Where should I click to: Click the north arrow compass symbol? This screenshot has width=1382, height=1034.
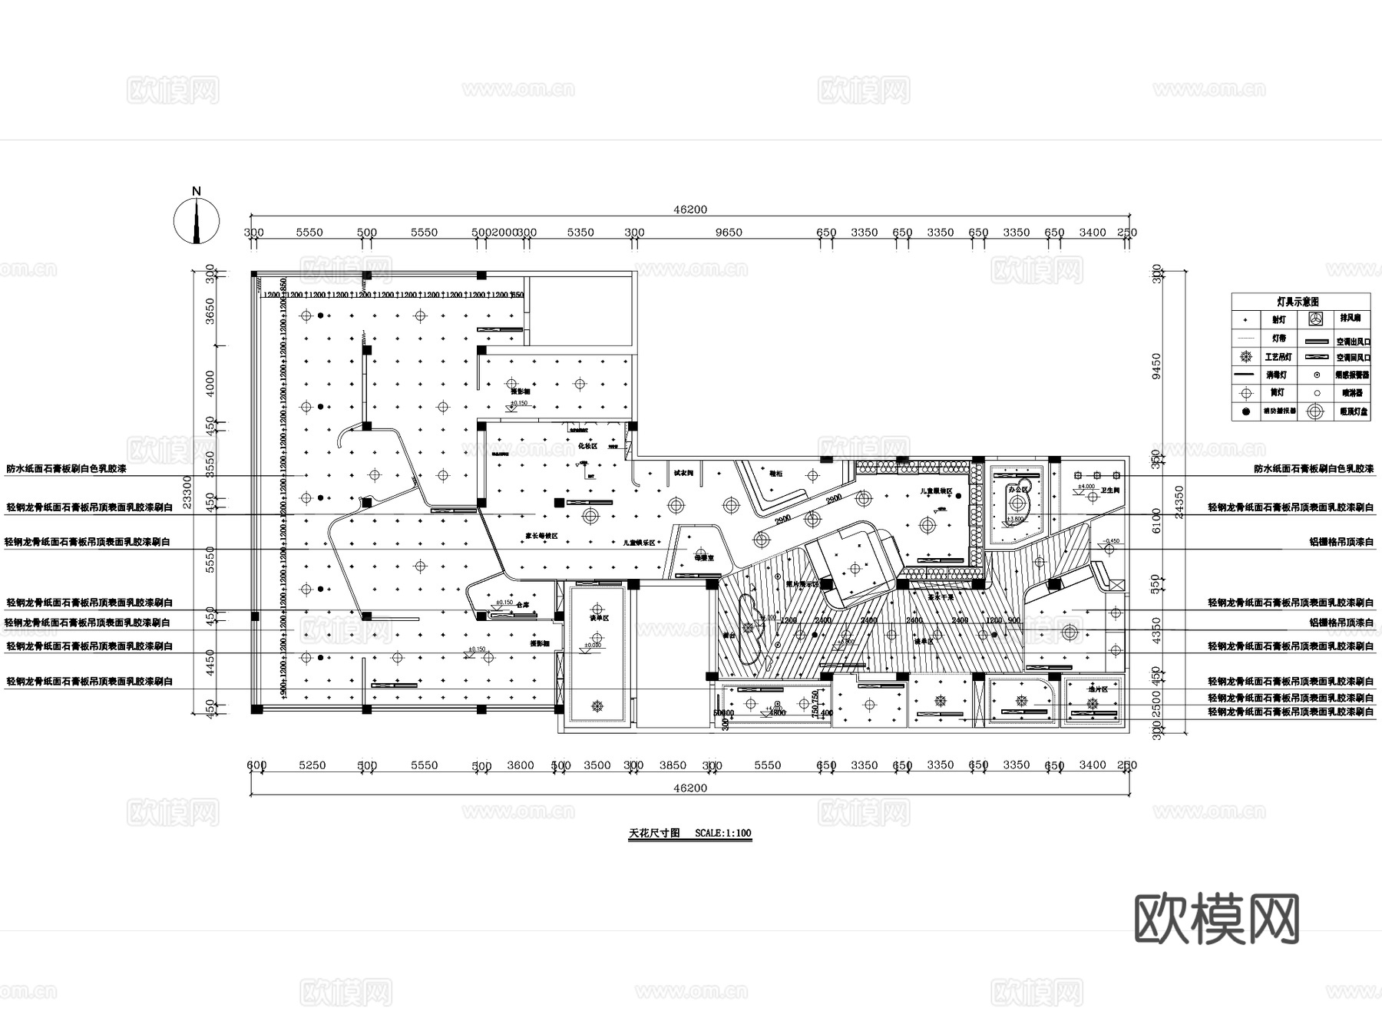click(197, 221)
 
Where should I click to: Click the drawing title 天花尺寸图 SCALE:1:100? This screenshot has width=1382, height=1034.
click(689, 833)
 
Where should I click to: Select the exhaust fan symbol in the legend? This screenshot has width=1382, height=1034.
click(1316, 319)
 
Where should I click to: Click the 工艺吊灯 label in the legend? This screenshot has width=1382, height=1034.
click(1278, 357)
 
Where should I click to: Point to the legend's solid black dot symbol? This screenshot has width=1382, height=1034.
click(1246, 411)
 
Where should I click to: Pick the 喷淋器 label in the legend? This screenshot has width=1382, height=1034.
click(1351, 393)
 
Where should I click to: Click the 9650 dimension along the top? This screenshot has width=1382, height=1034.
click(729, 233)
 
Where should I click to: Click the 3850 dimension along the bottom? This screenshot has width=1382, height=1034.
click(673, 765)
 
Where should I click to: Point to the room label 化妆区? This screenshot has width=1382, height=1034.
click(587, 446)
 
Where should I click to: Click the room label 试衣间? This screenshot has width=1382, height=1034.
click(683, 474)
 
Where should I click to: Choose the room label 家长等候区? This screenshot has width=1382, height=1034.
click(541, 536)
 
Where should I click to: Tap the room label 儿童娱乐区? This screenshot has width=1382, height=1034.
click(639, 543)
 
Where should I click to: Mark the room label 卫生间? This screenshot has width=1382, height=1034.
click(1110, 490)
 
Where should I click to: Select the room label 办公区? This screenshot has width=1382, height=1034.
click(1018, 489)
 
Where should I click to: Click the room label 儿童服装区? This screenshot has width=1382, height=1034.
click(937, 491)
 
